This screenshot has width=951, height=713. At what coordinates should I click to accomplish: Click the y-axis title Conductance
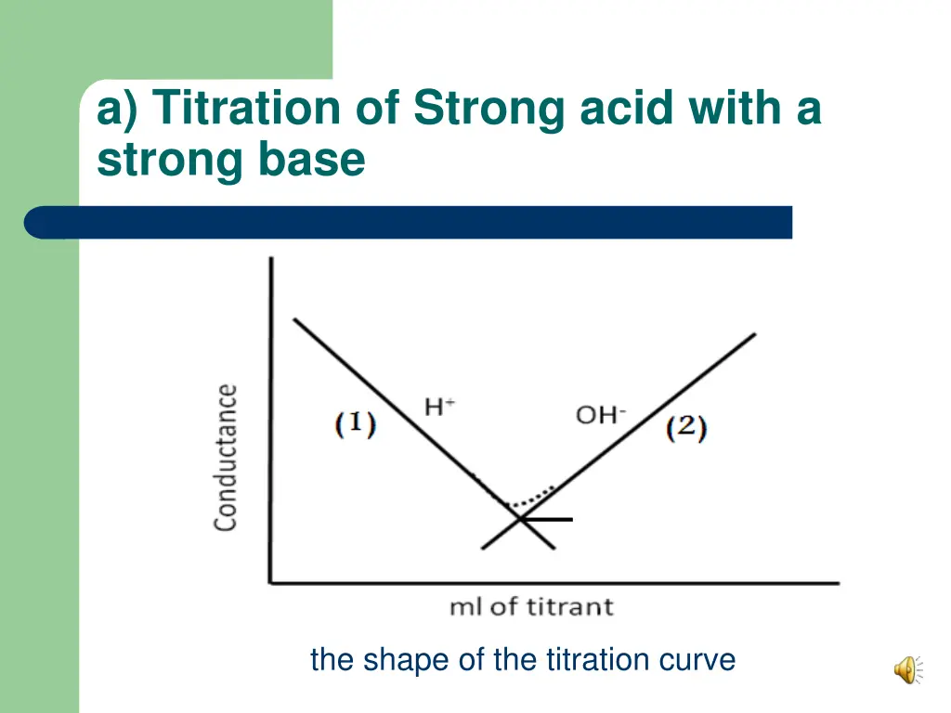[x=226, y=457]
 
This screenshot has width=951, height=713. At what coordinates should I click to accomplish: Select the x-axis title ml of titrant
[x=531, y=607]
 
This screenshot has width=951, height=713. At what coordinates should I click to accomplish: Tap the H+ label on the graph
[x=439, y=407]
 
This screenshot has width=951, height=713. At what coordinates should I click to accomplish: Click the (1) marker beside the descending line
[x=355, y=425]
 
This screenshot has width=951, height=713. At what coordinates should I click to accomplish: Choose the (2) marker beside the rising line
[x=687, y=428]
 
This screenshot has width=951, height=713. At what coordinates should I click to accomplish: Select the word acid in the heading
[x=628, y=109]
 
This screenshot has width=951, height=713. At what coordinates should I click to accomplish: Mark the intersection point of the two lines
[x=519, y=518]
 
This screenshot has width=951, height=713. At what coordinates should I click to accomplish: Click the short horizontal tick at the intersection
[x=555, y=519]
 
